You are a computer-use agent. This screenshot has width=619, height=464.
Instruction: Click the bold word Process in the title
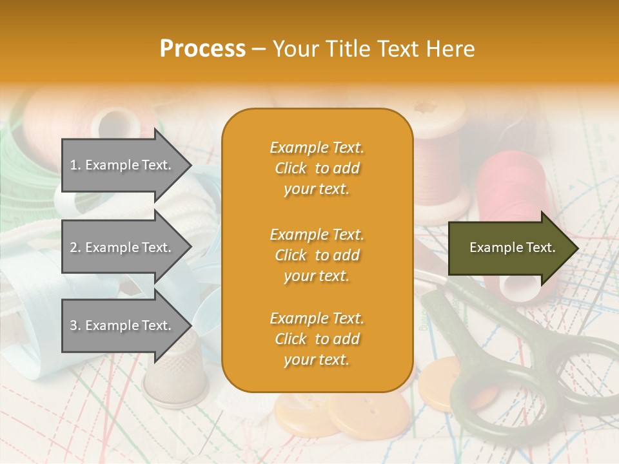pyautogui.click(x=202, y=49)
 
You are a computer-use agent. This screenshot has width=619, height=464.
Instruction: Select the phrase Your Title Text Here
pyautogui.click(x=373, y=49)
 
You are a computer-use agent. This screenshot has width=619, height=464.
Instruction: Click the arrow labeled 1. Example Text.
pyautogui.click(x=123, y=165)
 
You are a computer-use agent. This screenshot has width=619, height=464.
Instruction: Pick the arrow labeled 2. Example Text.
pyautogui.click(x=123, y=247)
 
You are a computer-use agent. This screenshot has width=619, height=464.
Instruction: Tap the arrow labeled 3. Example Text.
pyautogui.click(x=123, y=325)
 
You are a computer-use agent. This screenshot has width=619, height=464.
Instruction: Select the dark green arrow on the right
pyautogui.click(x=509, y=247)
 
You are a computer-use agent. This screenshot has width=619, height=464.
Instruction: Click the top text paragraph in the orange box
pyautogui.click(x=317, y=168)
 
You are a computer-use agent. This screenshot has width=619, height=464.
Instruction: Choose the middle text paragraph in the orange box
pyautogui.click(x=317, y=255)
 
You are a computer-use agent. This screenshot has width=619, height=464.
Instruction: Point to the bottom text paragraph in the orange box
pyautogui.click(x=317, y=339)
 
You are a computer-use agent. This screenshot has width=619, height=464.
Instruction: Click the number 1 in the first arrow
pyautogui.click(x=73, y=165)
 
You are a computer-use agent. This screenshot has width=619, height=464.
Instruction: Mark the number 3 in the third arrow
pyautogui.click(x=74, y=325)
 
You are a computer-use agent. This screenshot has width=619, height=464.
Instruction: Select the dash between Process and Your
pyautogui.click(x=259, y=49)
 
